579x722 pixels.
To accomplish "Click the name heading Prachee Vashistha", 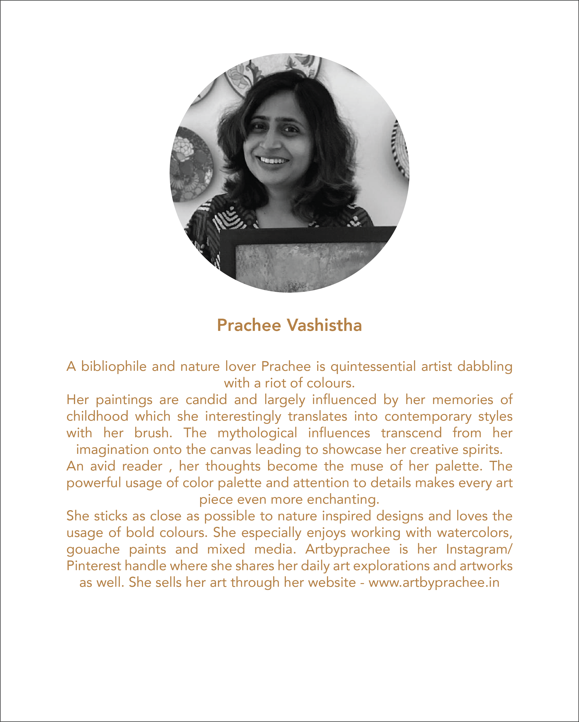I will click(289, 325).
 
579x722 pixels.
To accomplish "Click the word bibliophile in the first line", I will click(114, 366).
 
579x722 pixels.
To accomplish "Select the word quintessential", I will click(373, 366).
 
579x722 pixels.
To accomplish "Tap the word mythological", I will click(257, 433).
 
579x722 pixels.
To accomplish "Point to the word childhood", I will click(97, 416).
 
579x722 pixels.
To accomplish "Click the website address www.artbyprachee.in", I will click(434, 582).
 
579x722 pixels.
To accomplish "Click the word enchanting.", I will click(343, 499).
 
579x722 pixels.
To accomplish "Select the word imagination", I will click(112, 449).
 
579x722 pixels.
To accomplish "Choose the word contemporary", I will click(428, 416).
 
